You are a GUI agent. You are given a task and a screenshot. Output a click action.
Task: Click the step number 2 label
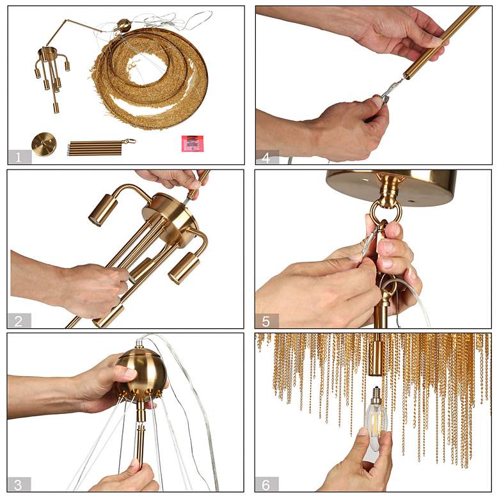19,321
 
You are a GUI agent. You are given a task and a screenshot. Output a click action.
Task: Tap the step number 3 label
18,485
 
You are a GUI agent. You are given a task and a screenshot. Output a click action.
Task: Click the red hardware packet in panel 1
192,143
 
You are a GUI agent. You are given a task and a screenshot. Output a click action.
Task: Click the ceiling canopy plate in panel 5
391,188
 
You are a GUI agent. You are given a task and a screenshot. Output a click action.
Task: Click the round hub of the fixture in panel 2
170,219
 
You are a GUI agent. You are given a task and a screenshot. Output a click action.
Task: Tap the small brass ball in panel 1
123,25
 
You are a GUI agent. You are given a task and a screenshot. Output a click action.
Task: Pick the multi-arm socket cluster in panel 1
52,76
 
